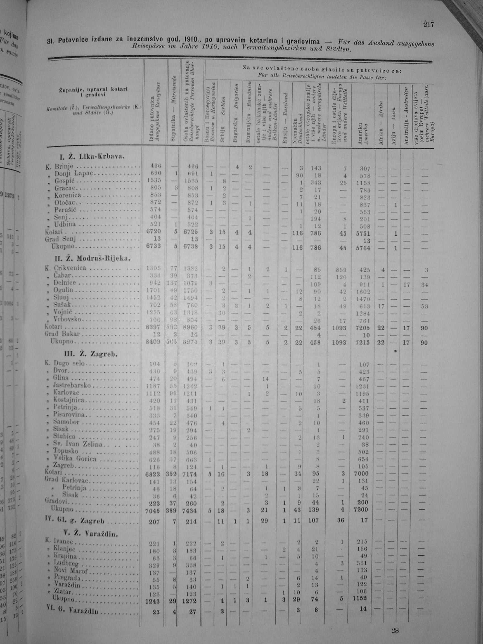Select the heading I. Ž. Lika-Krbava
[x=92, y=157]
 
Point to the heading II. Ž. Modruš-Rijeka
[x=92, y=259]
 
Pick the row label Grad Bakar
[x=62, y=334]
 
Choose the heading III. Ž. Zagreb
[x=91, y=354]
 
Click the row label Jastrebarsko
[x=72, y=385]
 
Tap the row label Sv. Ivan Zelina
[x=77, y=444]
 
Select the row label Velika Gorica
[x=75, y=459]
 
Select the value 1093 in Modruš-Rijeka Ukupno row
[x=339, y=343]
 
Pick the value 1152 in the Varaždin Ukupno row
[x=364, y=599]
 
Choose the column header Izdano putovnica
[x=153, y=118]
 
